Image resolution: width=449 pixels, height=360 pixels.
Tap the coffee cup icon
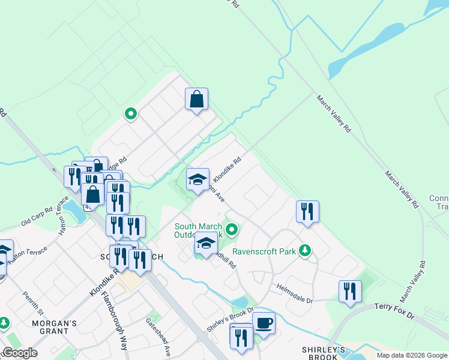[264, 323]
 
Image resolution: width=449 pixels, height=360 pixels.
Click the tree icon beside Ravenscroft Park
[305, 250]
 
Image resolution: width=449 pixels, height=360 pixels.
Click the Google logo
[19, 352]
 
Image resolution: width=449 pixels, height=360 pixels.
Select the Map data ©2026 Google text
[411, 355]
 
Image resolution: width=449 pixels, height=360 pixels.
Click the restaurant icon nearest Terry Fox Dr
[350, 292]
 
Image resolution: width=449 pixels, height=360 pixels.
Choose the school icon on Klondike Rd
[197, 179]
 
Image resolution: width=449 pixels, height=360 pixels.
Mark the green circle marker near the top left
[130, 113]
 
